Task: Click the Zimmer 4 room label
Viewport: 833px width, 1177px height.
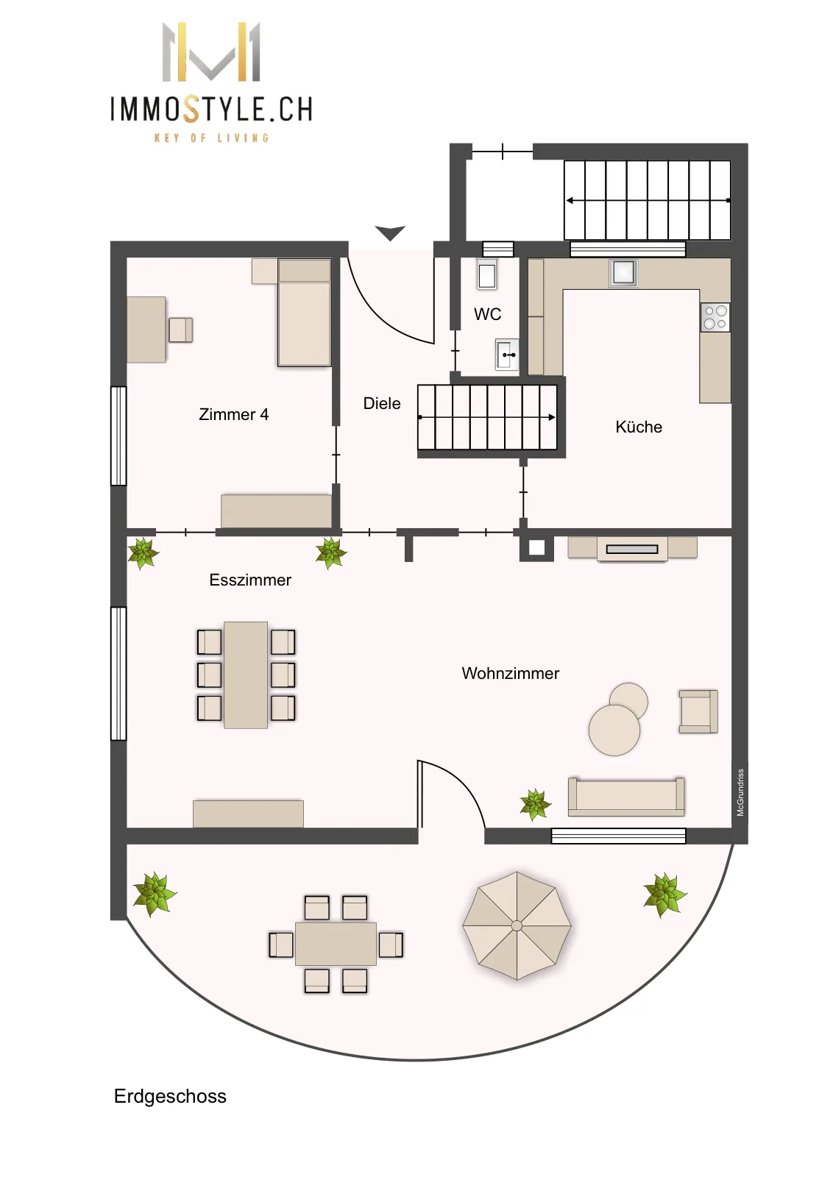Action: pos(233,415)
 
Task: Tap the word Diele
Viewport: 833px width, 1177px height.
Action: pos(382,404)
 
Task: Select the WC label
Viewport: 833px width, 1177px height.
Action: pos(487,314)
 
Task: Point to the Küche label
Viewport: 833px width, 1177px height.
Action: pos(639,427)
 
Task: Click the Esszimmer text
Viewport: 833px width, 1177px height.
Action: pos(250,580)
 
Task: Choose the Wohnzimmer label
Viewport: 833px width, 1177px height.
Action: pos(510,674)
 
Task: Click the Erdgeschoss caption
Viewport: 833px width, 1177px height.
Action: pos(170,1097)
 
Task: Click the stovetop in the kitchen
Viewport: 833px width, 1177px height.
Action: pos(715,317)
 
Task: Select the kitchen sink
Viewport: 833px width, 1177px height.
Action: pos(623,273)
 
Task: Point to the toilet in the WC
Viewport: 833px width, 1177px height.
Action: pos(487,274)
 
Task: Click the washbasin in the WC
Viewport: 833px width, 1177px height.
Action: pos(506,355)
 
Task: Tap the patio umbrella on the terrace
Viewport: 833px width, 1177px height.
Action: pos(517,926)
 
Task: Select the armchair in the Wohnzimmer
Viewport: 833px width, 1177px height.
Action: pos(698,711)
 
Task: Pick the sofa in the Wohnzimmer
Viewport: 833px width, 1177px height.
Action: pos(626,797)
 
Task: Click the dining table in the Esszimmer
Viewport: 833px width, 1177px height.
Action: pos(246,675)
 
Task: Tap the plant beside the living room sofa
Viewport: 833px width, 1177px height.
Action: pos(535,805)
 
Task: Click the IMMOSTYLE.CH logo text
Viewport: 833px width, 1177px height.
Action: pos(211,109)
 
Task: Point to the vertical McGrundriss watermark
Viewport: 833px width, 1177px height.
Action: pos(740,792)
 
